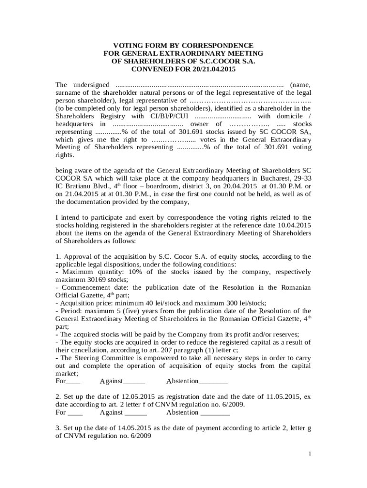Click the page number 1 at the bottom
309,453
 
